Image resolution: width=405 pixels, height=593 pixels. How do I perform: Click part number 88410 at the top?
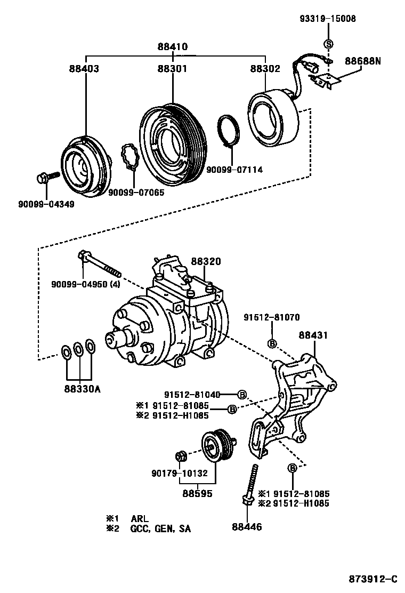[173, 47]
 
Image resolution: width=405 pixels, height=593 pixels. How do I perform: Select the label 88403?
[84, 68]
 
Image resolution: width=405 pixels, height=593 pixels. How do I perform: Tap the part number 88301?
[172, 68]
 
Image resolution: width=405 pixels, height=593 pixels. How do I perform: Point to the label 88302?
[265, 68]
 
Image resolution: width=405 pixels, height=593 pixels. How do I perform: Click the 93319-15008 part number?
[328, 19]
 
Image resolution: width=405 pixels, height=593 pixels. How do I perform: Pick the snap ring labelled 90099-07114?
[229, 131]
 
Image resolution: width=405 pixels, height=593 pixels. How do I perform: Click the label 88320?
[206, 261]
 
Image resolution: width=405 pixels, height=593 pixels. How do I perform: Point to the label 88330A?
[83, 389]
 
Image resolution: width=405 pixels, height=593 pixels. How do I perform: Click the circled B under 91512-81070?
[272, 343]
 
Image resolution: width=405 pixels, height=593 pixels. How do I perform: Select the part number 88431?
[313, 335]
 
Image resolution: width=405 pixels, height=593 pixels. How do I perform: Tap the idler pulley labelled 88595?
[218, 447]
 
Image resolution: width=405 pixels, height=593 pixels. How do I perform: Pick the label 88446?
[247, 526]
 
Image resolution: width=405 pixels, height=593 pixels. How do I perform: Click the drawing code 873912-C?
[373, 579]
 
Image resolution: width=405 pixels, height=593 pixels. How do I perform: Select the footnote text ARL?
[140, 519]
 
